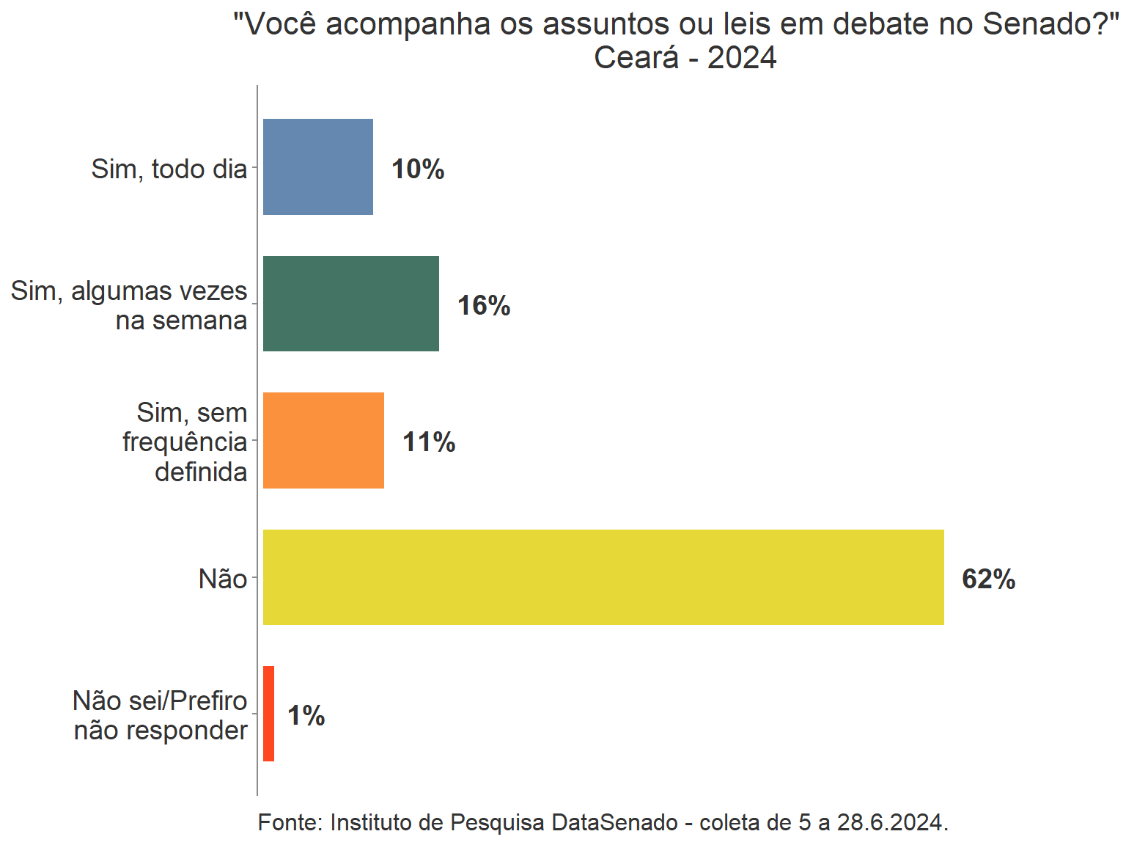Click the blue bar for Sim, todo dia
317,167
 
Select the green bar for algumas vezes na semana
350,303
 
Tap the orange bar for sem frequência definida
323,440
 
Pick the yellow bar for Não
603,577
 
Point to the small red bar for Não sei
268,714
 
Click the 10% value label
418,169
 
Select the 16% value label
484,306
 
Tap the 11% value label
429,442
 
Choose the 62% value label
988,579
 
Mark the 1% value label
306,716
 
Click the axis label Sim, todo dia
169,169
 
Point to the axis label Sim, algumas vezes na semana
130,306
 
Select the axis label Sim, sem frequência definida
185,442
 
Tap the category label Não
223,579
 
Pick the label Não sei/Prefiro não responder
161,716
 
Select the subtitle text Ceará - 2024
685,58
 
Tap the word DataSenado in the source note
614,823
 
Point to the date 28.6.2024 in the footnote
890,823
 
